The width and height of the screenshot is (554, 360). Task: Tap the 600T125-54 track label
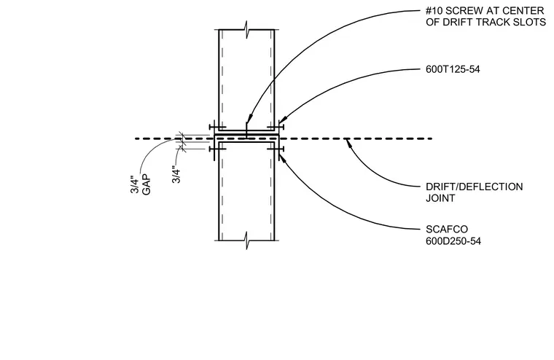click(x=453, y=69)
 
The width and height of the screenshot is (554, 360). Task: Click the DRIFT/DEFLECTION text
click(x=474, y=187)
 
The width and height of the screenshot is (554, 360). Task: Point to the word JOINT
click(x=440, y=198)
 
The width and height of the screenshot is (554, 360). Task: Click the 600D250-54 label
click(x=453, y=241)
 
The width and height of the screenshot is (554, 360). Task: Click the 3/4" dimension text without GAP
click(x=176, y=174)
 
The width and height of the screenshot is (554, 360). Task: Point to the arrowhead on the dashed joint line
click(x=348, y=143)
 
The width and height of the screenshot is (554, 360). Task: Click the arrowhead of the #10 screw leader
click(x=249, y=118)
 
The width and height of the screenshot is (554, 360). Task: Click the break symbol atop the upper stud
click(x=246, y=30)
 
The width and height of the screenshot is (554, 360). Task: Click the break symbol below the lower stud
click(x=246, y=241)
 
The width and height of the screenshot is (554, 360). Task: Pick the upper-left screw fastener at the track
click(x=216, y=128)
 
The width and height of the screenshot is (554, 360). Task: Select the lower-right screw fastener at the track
click(x=276, y=149)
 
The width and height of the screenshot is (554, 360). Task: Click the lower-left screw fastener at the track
click(x=216, y=149)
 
